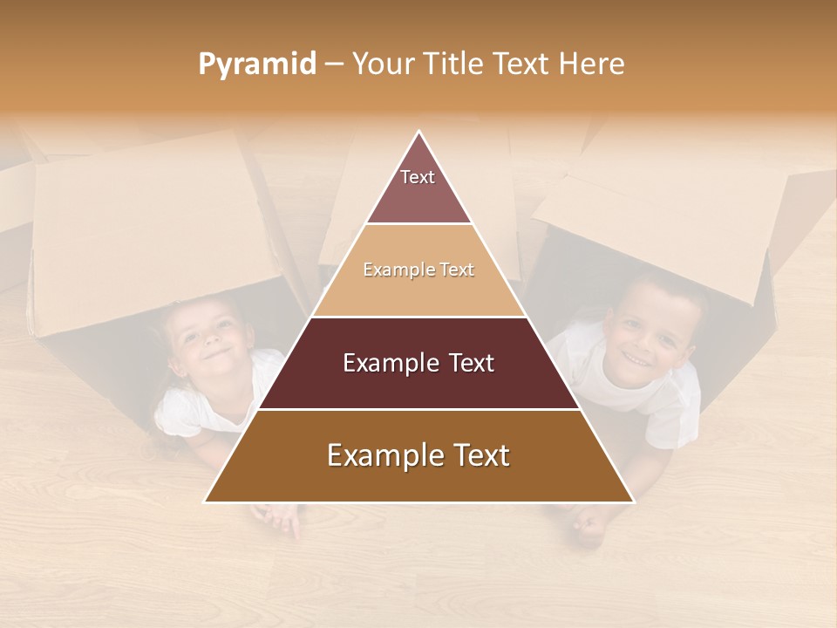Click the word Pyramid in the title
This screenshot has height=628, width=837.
click(x=256, y=65)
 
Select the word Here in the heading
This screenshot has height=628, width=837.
click(x=593, y=65)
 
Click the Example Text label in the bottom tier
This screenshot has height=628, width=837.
click(x=418, y=455)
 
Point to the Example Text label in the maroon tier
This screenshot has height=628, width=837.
click(x=418, y=363)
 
